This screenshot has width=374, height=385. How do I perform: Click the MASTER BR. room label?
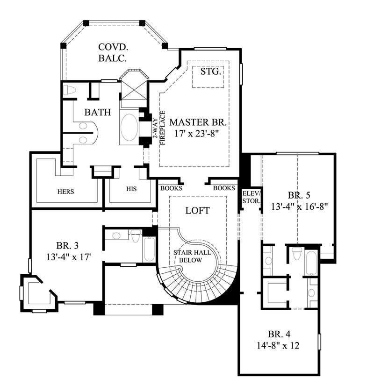[198, 122]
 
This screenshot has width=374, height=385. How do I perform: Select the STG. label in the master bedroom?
[210, 72]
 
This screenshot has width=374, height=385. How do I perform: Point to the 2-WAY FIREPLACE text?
[159, 129]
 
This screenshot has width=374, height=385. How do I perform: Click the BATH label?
[98, 112]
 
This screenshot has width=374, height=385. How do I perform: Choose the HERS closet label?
[66, 191]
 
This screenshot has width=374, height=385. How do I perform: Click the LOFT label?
[198, 211]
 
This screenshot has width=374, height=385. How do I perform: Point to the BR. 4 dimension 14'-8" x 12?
[277, 346]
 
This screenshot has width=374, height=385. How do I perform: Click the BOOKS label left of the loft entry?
[171, 188]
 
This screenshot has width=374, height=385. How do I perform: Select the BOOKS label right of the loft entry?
[223, 188]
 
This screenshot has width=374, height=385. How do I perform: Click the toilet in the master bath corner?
[69, 90]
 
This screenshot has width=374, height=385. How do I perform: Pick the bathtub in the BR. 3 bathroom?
[149, 250]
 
